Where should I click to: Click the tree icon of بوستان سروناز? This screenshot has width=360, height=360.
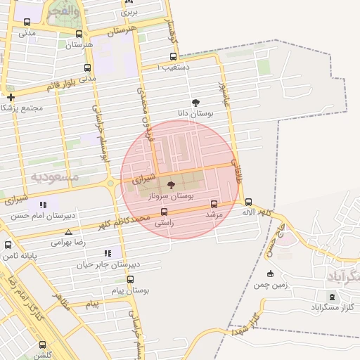tap(171, 184)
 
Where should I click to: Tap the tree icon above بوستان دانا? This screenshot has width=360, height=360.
tap(195, 103)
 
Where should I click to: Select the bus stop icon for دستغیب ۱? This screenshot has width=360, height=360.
tap(173, 58)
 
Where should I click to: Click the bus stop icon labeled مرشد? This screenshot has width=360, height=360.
tap(214, 204)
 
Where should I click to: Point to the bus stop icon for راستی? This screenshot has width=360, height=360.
tap(165, 212)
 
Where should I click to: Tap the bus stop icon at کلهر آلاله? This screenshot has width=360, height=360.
tap(248, 202)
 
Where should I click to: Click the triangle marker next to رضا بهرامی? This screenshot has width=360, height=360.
tap(68, 231)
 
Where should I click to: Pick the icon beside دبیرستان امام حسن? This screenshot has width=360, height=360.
tap(44, 205)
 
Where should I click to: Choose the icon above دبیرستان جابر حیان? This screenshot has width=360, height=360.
tap(108, 253)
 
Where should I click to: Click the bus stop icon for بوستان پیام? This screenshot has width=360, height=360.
tap(130, 279)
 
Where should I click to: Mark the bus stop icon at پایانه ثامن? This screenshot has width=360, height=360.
tap(8, 245)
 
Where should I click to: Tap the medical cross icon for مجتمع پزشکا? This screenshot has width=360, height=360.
tap(11, 97)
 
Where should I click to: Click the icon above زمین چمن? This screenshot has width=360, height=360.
tap(271, 274)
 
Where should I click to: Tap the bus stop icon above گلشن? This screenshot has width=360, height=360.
tap(43, 345)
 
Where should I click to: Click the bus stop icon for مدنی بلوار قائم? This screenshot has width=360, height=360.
tap(87, 68)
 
